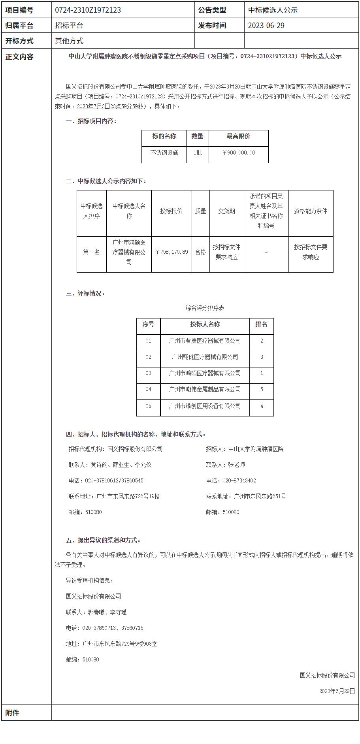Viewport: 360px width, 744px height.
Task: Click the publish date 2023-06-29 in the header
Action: (x=266, y=26)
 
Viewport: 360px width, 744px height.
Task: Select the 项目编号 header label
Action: (x=19, y=10)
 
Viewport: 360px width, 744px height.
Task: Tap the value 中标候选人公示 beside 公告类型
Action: (x=273, y=10)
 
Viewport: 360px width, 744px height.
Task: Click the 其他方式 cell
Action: (x=69, y=41)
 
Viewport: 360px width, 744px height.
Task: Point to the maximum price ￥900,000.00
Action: (x=239, y=153)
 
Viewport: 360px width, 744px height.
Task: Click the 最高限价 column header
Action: (x=238, y=136)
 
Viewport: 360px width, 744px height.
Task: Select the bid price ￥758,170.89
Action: (x=172, y=252)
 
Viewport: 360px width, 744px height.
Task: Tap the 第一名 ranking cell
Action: (x=91, y=252)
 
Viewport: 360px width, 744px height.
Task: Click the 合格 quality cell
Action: (x=200, y=252)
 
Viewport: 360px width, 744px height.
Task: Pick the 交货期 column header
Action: (x=226, y=211)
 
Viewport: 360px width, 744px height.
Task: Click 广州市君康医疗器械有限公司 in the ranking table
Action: (x=205, y=341)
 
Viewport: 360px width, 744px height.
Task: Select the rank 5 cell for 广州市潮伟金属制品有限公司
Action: (x=262, y=390)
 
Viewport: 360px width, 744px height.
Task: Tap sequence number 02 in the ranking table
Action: (x=148, y=357)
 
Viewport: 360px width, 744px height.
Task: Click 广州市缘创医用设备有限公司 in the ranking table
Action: (x=205, y=406)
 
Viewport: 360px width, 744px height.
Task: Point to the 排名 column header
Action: (x=262, y=324)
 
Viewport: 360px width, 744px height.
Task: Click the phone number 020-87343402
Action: (x=239, y=480)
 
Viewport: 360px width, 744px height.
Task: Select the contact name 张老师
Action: (x=236, y=465)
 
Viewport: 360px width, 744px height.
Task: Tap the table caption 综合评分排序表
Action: (x=205, y=308)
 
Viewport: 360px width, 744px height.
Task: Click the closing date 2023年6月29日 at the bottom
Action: (x=337, y=691)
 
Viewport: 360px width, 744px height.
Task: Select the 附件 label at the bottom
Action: (x=12, y=713)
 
